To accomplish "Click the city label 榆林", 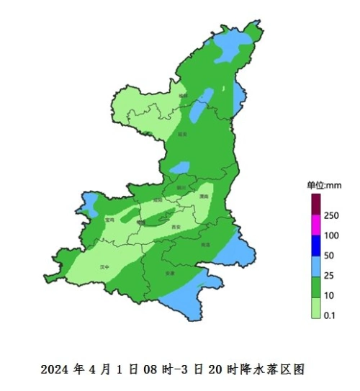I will coord(183,95).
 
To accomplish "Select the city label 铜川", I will coord(182,187).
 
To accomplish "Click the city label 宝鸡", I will coord(109,220).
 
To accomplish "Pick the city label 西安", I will coord(176,227).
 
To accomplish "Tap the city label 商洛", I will coord(206,245).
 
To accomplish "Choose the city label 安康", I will coord(170,273).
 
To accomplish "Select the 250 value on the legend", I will coord(331,215).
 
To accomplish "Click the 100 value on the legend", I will coord(331,235).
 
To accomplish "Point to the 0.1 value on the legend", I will coord(330,315).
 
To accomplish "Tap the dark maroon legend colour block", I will coord(315,205).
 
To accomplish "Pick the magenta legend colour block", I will coord(315,225).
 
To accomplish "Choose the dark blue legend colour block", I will coord(315,246).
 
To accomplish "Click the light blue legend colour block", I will coord(315,266).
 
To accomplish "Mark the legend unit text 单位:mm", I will coord(325,185).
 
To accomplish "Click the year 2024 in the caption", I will coord(55,369).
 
